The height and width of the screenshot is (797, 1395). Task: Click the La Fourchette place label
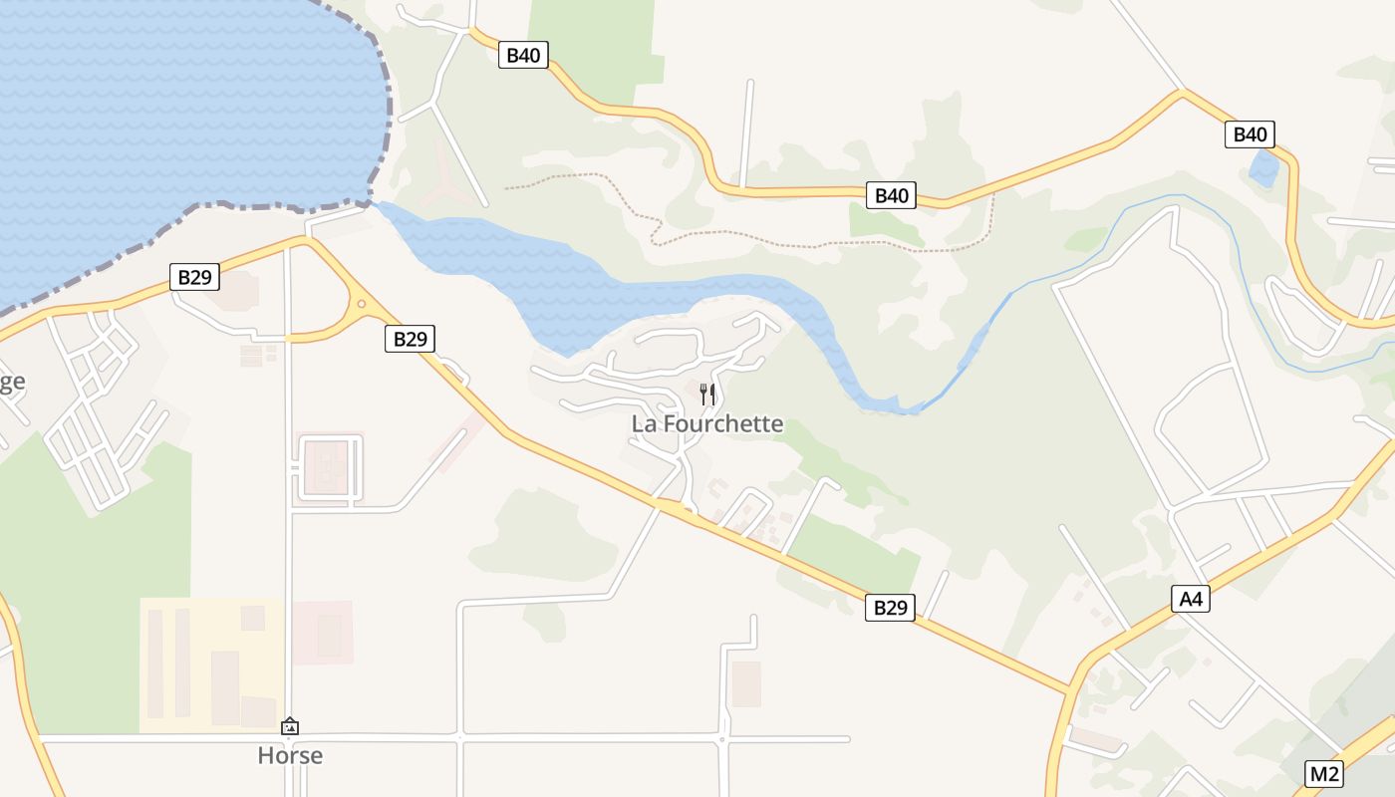(x=707, y=424)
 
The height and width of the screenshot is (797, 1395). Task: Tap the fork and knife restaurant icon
(x=707, y=394)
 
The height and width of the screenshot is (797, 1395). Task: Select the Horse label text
(x=290, y=755)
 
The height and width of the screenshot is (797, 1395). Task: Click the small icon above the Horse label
(x=290, y=726)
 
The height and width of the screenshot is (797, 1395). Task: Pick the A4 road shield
(x=1191, y=599)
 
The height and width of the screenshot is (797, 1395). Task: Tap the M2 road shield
(x=1324, y=773)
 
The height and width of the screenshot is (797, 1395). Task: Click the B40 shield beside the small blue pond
(x=1250, y=134)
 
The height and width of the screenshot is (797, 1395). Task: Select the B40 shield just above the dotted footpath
(x=891, y=195)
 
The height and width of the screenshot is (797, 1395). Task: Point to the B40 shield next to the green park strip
(x=523, y=55)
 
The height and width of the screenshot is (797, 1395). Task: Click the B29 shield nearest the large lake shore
(x=194, y=276)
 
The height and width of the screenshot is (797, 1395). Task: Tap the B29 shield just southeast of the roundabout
(x=410, y=339)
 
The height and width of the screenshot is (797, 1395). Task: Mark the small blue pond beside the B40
(x=1263, y=169)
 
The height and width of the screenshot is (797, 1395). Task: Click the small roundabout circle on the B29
(x=361, y=304)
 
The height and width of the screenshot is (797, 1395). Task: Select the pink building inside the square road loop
(x=326, y=467)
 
